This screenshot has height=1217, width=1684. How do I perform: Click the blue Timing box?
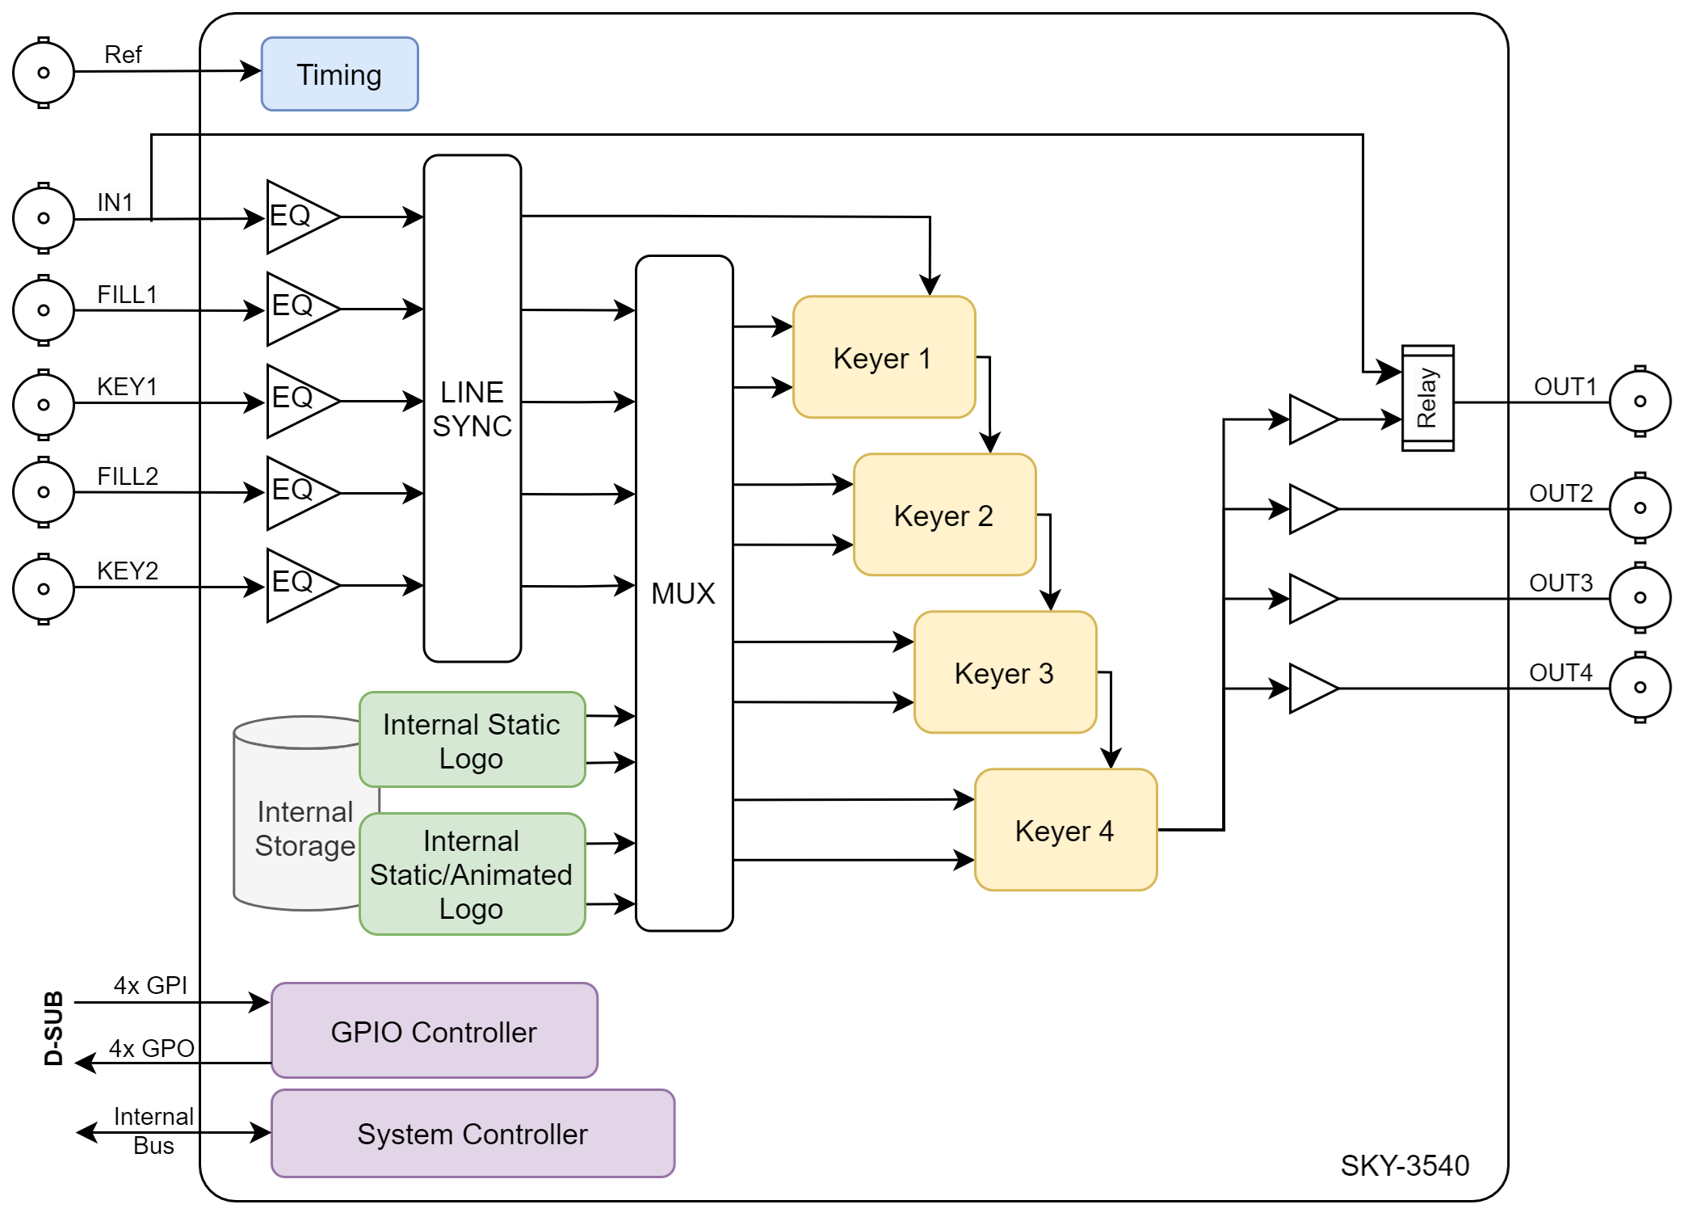339,74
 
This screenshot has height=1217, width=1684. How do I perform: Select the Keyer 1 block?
884,357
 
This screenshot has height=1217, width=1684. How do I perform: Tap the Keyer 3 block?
1005,672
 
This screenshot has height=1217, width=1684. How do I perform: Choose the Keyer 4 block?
1065,830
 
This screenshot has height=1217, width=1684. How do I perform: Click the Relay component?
1427,398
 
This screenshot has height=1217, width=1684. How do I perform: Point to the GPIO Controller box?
435,1030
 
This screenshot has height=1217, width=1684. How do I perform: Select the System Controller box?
472,1133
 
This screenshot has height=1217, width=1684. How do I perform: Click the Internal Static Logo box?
472,739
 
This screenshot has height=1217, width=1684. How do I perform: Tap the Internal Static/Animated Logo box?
472,874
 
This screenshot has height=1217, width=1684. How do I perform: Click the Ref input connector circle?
44,73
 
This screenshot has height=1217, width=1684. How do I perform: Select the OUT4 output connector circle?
1640,687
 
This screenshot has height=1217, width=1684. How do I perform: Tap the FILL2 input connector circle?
44,492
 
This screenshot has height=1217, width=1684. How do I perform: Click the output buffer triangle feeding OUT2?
1313,509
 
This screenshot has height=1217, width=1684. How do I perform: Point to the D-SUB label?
53,1028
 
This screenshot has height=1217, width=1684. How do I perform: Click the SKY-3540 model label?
1405,1165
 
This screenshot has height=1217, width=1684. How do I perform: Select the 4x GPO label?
151,1048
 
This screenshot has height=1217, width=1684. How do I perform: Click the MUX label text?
683,593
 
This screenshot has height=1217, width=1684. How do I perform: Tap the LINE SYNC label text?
472,409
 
